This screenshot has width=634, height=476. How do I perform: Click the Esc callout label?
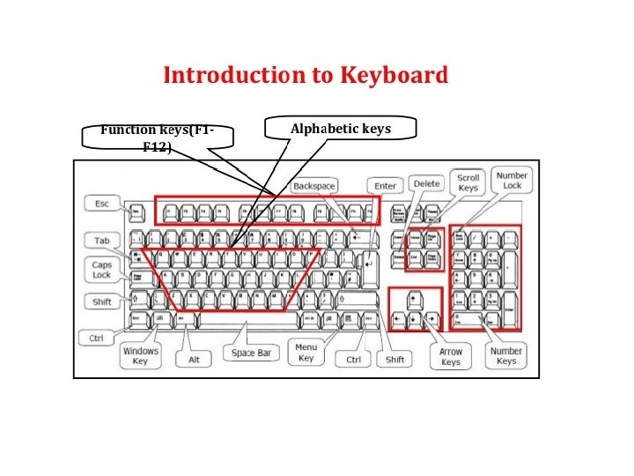(101, 205)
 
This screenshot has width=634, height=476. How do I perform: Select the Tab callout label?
(101, 241)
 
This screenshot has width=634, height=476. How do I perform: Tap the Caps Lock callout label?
(102, 270)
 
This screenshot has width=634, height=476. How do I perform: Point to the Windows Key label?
(140, 356)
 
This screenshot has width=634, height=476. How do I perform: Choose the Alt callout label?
(194, 360)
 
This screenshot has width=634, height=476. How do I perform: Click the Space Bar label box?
(251, 353)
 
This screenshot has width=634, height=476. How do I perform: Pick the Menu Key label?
(306, 353)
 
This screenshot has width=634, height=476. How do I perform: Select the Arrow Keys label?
(451, 356)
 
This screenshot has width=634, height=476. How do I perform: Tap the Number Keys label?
(506, 355)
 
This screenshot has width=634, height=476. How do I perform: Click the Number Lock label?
(512, 181)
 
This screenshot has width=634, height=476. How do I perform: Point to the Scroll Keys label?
(468, 182)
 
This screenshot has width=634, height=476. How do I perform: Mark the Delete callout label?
(426, 183)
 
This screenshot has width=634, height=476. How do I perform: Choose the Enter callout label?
(386, 186)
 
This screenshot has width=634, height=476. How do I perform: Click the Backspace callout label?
(314, 186)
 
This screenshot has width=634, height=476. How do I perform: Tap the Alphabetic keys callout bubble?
(340, 130)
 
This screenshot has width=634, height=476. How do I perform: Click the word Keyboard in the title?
(393, 75)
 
